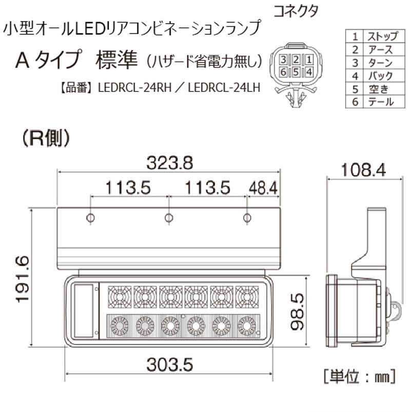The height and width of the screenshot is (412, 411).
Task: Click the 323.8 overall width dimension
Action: click(169, 163)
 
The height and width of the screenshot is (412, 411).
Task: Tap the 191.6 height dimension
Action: click(22, 280)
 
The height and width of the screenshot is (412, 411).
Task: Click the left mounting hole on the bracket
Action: click(90, 218)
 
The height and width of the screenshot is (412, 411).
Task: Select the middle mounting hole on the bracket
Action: click(169, 218)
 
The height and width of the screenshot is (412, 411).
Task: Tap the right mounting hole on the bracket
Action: click(247, 218)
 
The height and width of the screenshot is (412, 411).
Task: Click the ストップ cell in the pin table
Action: click(380, 36)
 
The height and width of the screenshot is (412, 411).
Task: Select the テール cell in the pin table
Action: click(380, 102)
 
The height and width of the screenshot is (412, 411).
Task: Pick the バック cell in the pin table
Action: click(380, 76)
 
